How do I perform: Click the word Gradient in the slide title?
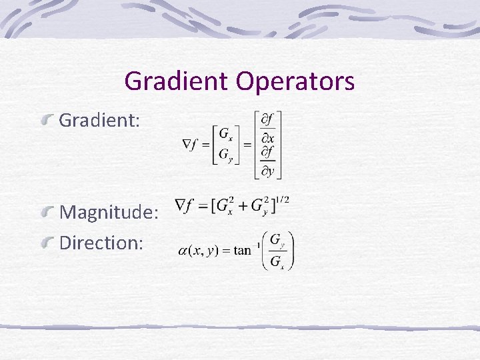tap(175, 81)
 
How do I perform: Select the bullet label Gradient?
tap(100, 121)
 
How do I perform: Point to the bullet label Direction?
tap(101, 242)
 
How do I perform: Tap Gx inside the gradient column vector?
tap(227, 131)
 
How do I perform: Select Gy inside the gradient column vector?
tap(227, 155)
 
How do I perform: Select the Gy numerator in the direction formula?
tap(277, 241)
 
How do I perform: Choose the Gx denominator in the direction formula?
tap(277, 261)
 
